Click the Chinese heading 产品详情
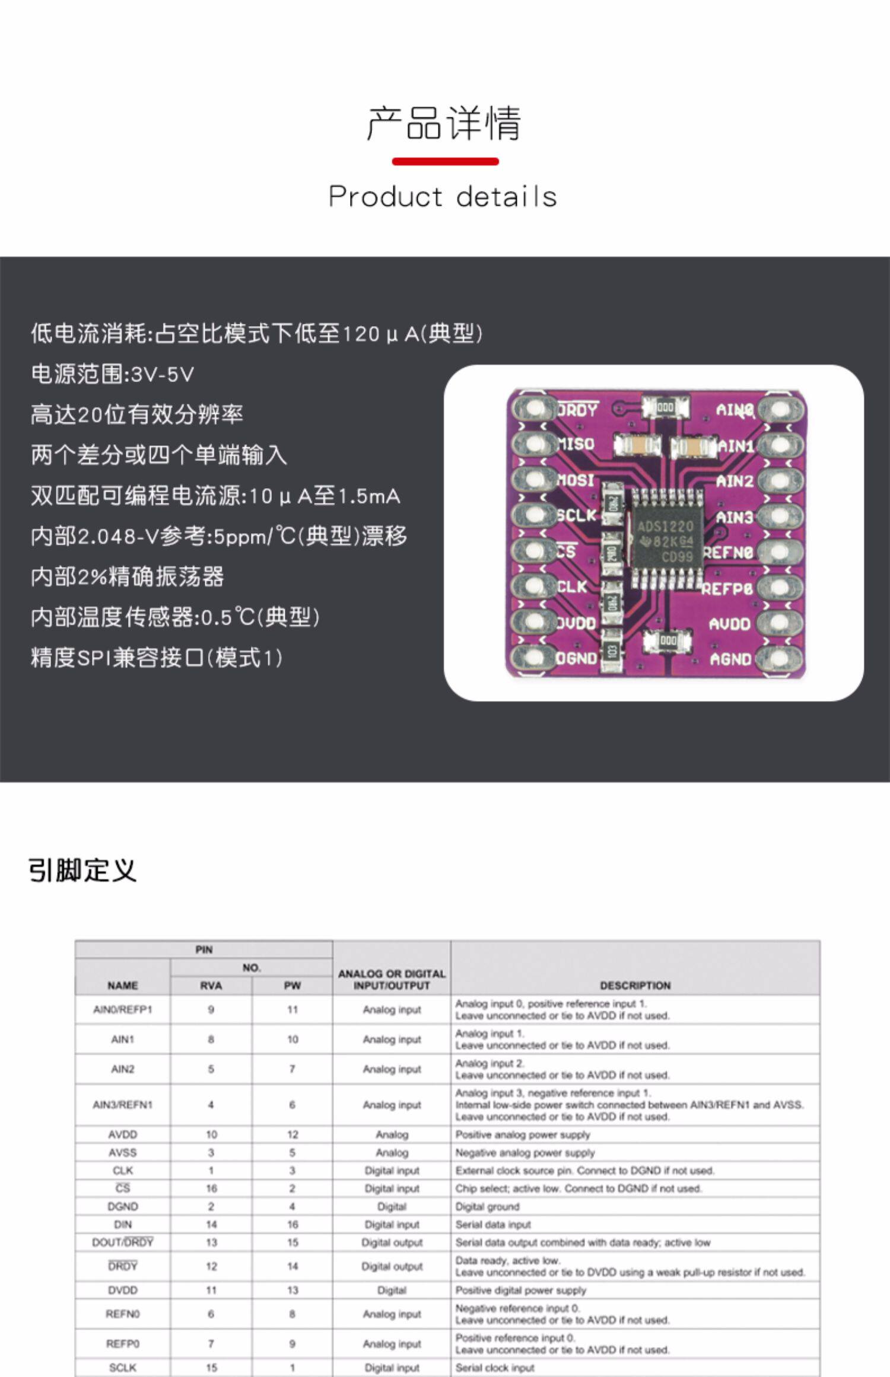(x=444, y=123)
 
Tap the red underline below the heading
(x=445, y=161)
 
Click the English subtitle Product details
(x=443, y=197)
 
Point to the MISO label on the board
(x=576, y=444)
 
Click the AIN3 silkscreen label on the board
(x=734, y=517)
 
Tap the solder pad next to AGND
(x=780, y=659)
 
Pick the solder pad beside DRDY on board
(x=534, y=409)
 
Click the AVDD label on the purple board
(x=730, y=624)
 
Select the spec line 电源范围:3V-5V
(x=113, y=374)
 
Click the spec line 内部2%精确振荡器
(x=128, y=576)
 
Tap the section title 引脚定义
(x=82, y=871)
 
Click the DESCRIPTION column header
(x=635, y=986)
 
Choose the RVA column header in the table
(x=211, y=986)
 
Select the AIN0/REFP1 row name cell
(x=123, y=1010)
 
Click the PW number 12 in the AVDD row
(x=293, y=1134)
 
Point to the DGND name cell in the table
(x=123, y=1206)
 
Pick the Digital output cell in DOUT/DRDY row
(x=392, y=1242)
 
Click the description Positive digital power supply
(x=520, y=1290)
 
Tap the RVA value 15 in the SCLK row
(x=211, y=1368)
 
